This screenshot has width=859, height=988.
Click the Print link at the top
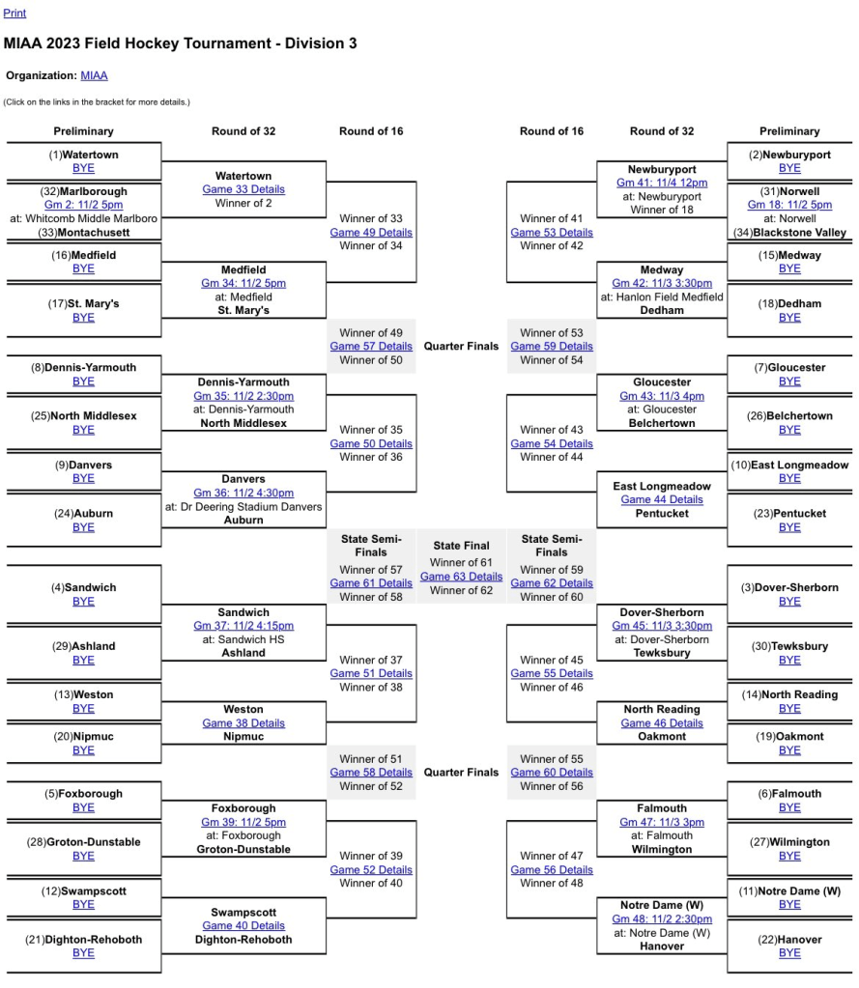14,14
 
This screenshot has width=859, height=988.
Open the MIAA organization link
94,75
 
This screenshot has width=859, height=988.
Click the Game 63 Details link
461,577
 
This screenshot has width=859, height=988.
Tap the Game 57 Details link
371,347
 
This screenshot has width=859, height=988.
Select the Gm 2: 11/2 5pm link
83,205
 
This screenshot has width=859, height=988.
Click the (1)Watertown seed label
83,155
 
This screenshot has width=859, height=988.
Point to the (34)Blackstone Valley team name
789,233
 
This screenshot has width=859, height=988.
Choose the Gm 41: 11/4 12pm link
662,183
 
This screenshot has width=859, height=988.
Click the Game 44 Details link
662,500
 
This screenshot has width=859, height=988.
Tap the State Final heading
461,546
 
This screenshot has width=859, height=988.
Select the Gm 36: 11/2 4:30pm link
243,493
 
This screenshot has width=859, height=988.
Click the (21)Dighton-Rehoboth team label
83,940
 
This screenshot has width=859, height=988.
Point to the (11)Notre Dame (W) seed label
789,891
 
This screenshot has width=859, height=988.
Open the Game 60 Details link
552,773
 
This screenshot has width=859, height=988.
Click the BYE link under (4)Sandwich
83,602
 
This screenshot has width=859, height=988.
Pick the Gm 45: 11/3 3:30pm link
662,626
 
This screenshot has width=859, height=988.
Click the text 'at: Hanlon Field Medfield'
662,297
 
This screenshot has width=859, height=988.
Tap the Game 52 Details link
371,870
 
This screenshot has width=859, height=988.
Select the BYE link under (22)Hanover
789,953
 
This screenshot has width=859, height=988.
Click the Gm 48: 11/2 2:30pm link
662,919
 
